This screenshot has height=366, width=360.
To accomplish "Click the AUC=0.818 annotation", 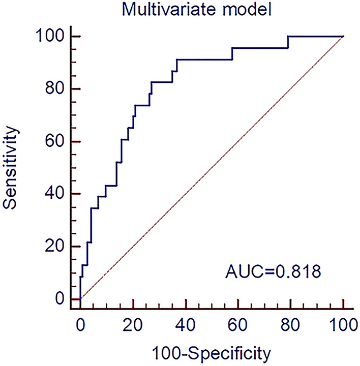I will [x=273, y=273].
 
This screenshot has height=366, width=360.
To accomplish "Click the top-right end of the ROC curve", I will [x=343, y=37].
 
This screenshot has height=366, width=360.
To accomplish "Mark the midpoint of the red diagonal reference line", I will [x=212, y=168].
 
